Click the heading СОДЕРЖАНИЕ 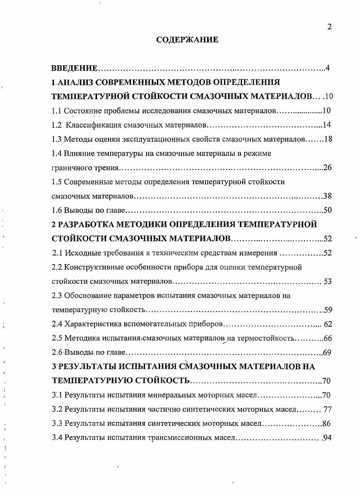[x=187, y=40]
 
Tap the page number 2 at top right [x=330, y=27]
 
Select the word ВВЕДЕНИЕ [x=74, y=68]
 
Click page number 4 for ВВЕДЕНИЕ [x=327, y=68]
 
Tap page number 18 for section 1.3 [x=328, y=139]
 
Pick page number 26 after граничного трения [x=328, y=168]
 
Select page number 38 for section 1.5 [x=328, y=196]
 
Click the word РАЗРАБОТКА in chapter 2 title [x=86, y=224]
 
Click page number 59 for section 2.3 [x=328, y=310]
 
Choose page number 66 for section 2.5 [x=328, y=338]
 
